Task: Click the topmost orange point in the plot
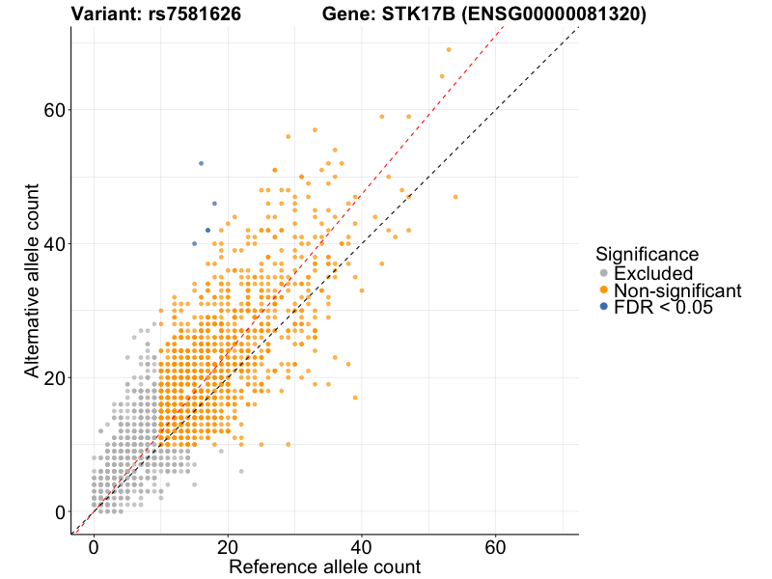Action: (x=449, y=49)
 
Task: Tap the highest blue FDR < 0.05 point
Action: (x=201, y=163)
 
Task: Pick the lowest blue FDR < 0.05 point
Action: (x=194, y=243)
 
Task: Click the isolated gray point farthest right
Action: (x=241, y=471)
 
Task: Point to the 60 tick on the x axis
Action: (x=496, y=534)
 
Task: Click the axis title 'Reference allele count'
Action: (x=324, y=566)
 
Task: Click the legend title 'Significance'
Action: (x=647, y=254)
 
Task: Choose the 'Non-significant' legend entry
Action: (x=676, y=290)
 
